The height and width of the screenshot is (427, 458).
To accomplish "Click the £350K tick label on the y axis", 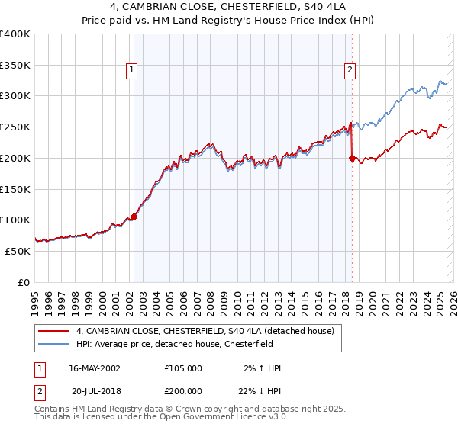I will click(x=15, y=66).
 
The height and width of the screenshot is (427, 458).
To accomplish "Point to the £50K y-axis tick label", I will click(x=18, y=251).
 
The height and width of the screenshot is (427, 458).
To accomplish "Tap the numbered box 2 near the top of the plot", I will click(x=350, y=71).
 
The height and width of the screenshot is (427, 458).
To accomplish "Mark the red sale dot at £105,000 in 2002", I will click(x=134, y=217).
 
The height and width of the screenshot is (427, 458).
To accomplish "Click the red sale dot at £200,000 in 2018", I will click(x=352, y=159).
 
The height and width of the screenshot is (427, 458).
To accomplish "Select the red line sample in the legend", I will click(x=54, y=331).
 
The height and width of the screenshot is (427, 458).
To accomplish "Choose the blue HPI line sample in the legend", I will click(x=54, y=343).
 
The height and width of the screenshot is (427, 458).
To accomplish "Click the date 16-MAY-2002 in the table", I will click(x=95, y=368).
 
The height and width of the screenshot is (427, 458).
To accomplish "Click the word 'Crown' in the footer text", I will click(x=177, y=409).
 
